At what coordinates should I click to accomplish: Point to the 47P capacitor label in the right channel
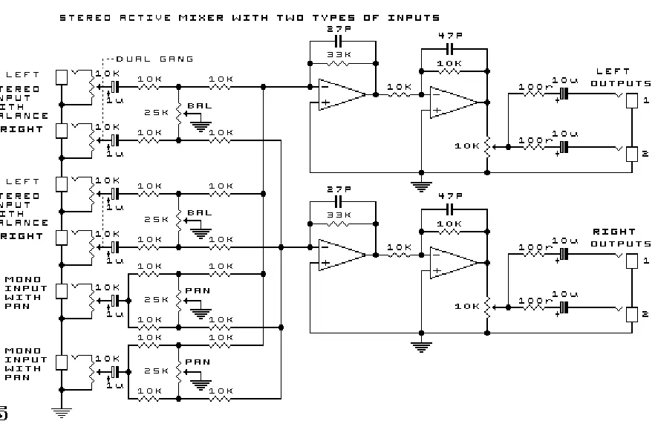(451, 195)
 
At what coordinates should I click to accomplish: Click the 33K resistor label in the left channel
(336, 54)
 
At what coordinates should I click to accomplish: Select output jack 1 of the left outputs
(631, 101)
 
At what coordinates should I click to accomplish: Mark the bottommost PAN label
(197, 362)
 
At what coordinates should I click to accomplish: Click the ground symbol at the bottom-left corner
(62, 411)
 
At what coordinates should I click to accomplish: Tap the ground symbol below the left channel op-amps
(422, 185)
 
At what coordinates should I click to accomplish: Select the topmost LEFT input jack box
(62, 77)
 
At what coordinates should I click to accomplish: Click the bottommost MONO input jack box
(62, 362)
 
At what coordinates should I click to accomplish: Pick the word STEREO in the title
(83, 17)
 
